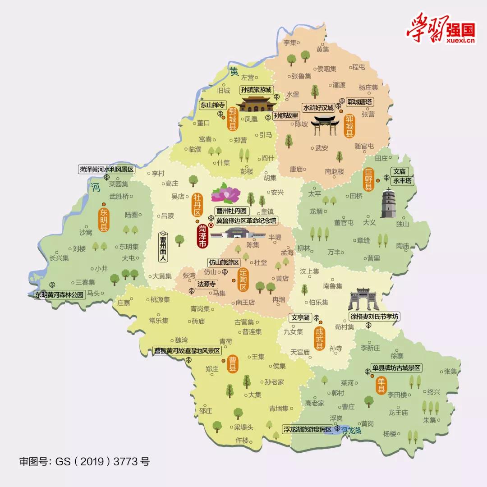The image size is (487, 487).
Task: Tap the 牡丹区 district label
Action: click(x=197, y=206)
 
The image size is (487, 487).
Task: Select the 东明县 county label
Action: click(x=104, y=220)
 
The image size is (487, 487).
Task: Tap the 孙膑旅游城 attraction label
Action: click(x=256, y=90)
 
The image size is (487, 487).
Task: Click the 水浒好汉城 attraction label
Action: click(x=318, y=108)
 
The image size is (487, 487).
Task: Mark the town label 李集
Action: click(x=289, y=43)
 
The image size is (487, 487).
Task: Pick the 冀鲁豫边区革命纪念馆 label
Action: click(x=246, y=221)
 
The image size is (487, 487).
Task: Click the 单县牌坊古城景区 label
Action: click(x=396, y=368)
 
